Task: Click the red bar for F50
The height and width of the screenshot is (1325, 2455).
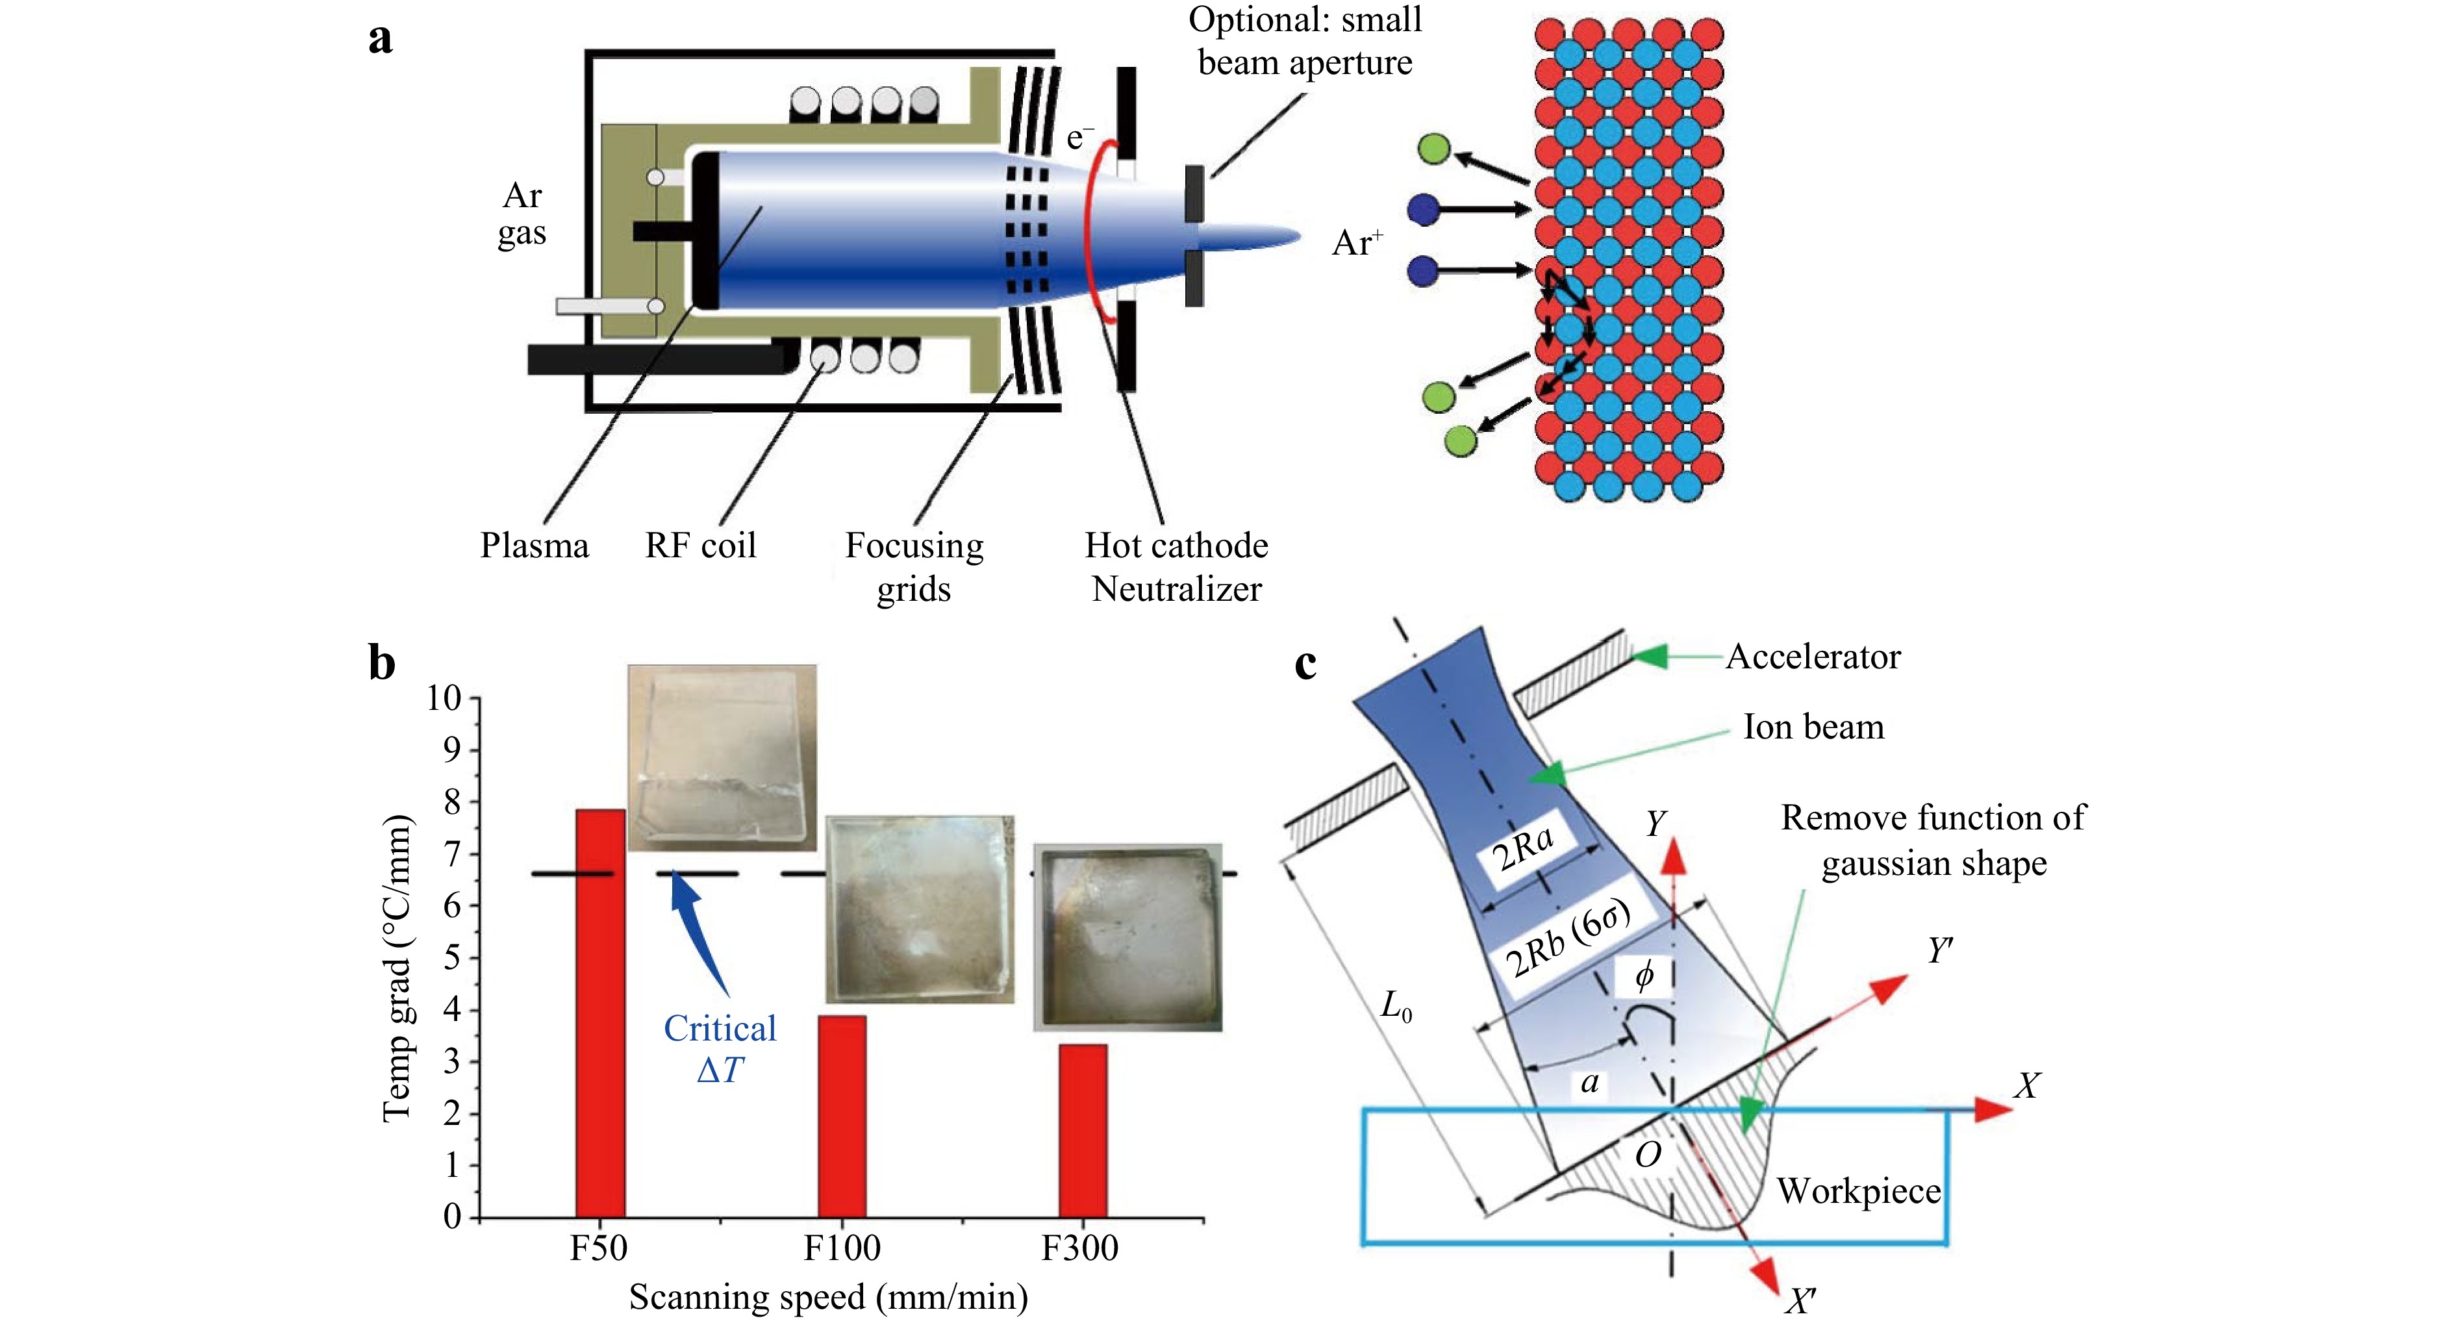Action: click(x=600, y=1013)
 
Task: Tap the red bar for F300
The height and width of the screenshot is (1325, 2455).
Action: click(x=1083, y=1131)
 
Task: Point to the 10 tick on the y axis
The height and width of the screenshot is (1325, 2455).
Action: click(x=444, y=699)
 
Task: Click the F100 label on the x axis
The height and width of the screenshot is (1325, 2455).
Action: click(x=842, y=1248)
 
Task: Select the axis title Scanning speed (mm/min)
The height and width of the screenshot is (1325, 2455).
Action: click(x=828, y=1297)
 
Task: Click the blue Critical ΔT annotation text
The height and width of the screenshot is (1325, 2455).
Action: click(x=720, y=1048)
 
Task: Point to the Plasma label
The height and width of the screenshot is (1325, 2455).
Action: click(x=535, y=545)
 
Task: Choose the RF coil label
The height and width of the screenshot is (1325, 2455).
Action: click(x=701, y=545)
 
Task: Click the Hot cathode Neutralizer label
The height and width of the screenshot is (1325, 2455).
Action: click(x=1177, y=566)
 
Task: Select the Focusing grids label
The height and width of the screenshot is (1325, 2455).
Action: click(x=914, y=566)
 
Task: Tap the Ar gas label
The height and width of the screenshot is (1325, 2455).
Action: click(x=522, y=214)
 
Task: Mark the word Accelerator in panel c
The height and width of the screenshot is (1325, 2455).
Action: click(x=1813, y=657)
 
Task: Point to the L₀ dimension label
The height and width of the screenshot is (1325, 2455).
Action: click(x=1396, y=1005)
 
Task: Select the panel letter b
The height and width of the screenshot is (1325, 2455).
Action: click(x=382, y=662)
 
